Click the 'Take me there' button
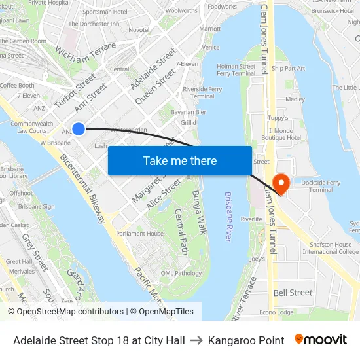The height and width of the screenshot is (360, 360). pyautogui.click(x=180, y=160)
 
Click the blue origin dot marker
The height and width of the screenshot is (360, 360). pyautogui.click(x=78, y=128)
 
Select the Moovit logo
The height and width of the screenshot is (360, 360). pyautogui.click(x=320, y=340)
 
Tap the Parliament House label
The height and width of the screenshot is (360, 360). pyautogui.click(x=139, y=234)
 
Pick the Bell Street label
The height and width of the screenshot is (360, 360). pyautogui.click(x=293, y=293)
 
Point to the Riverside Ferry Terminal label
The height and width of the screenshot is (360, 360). pyautogui.click(x=202, y=92)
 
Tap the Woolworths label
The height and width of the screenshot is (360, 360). pyautogui.click(x=181, y=10)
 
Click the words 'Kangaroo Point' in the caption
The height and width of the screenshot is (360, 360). pyautogui.click(x=246, y=340)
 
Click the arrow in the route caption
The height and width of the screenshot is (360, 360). pyautogui.click(x=196, y=340)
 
